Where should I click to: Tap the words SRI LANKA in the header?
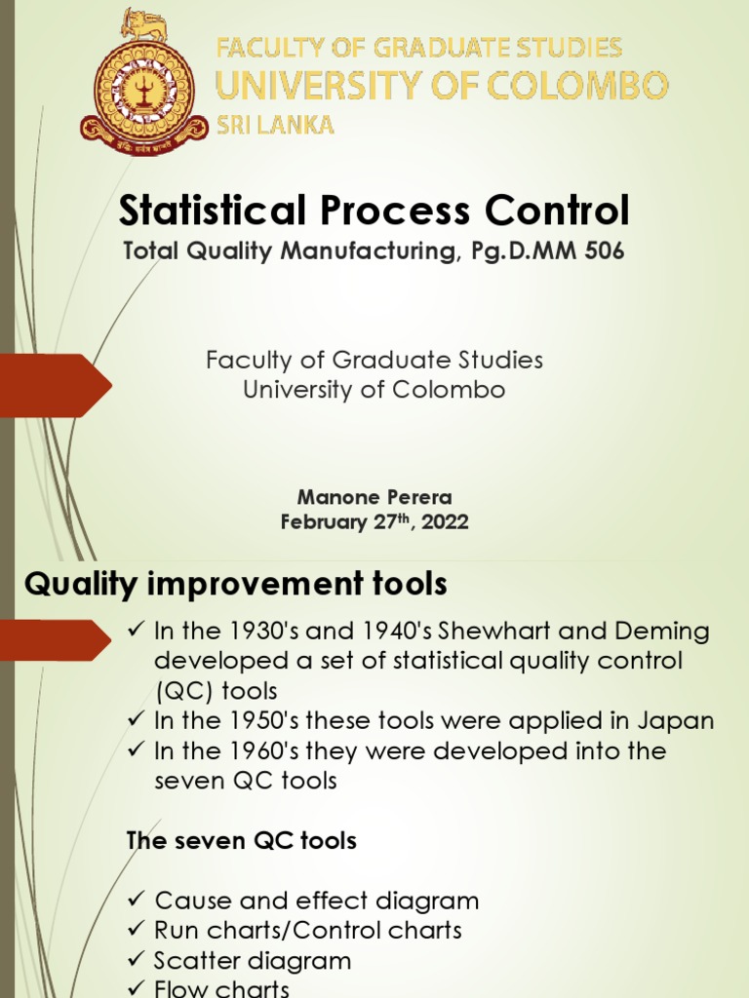pos(275,125)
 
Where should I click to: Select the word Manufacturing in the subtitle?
pos(367,251)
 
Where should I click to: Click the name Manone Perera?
pos(374,497)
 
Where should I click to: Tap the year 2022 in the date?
pos(446,522)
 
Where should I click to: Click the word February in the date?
pos(325,522)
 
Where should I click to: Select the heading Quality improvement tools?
pos(236,584)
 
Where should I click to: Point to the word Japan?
pos(681,721)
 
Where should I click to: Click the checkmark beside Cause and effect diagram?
pos(137,901)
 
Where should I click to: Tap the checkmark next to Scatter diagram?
pos(137,961)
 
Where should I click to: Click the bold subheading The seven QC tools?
pos(242,840)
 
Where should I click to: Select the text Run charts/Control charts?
pos(308,931)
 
